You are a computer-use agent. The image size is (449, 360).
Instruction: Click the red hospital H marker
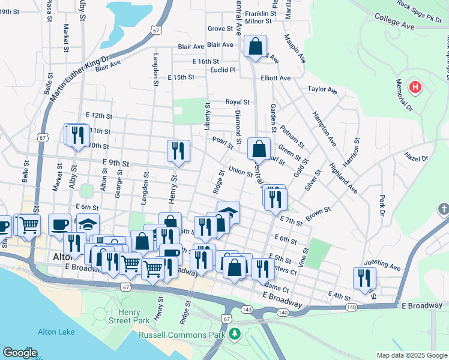[x=415, y=88]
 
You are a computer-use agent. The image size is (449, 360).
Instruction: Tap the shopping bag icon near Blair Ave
[x=256, y=46]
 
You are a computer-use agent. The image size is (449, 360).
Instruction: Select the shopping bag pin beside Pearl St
[x=259, y=148]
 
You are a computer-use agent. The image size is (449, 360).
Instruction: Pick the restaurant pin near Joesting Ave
[x=364, y=278]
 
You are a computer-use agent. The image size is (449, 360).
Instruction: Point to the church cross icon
[x=443, y=210]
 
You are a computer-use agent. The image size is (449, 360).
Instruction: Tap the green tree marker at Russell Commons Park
[x=235, y=333]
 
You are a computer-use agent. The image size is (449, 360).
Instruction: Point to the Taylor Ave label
[x=322, y=89]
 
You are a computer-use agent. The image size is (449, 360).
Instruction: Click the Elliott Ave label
[x=275, y=78]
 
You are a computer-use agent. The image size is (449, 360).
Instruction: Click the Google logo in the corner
[x=20, y=353]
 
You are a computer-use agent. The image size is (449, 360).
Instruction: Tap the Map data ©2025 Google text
[x=411, y=355]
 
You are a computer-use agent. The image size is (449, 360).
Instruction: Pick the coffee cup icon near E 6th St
[x=59, y=224]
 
